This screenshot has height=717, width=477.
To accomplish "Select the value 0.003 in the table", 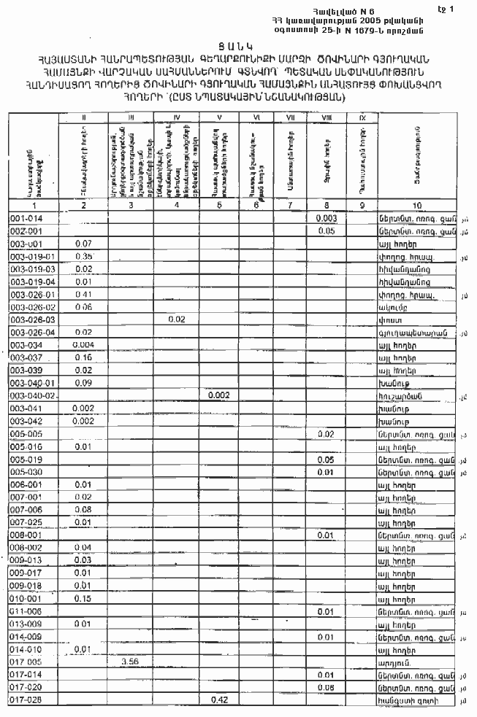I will (327, 218).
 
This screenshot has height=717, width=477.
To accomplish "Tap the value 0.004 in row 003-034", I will (83, 345).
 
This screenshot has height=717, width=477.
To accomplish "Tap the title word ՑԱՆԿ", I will (239, 44).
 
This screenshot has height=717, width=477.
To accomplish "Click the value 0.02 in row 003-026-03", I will (176, 319).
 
